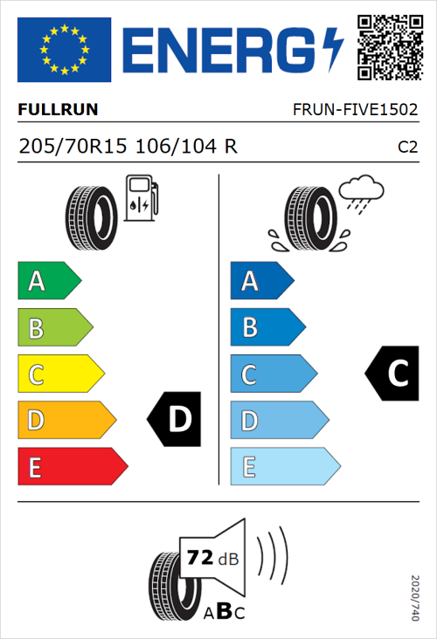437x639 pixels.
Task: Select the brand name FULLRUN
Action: click(x=58, y=110)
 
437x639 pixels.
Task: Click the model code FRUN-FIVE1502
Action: click(x=355, y=110)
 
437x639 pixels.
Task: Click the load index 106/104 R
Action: click(x=185, y=147)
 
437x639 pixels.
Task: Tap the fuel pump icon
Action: click(x=141, y=197)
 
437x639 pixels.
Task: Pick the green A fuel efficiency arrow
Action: click(x=48, y=281)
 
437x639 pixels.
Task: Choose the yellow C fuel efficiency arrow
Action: click(x=59, y=374)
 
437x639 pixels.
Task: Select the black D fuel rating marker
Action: click(x=175, y=420)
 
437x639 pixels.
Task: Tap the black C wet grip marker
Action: click(x=392, y=374)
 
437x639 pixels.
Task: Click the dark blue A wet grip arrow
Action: click(x=260, y=281)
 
